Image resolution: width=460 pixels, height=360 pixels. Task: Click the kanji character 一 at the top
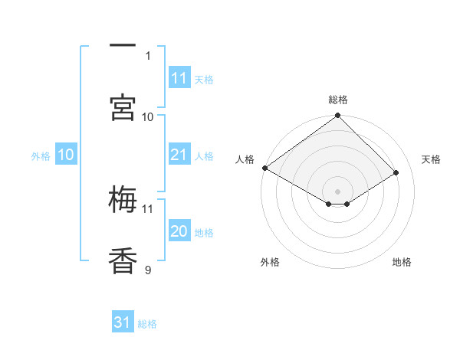[123, 45]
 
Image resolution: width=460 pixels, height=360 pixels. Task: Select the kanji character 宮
[123, 107]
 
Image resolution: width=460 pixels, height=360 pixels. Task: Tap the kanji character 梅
[123, 200]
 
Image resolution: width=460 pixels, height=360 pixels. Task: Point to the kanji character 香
[123, 260]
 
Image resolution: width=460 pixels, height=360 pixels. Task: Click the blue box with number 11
[179, 77]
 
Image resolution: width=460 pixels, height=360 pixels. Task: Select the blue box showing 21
[179, 155]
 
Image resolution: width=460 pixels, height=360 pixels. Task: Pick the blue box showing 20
[179, 231]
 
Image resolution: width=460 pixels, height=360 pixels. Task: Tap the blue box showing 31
[123, 322]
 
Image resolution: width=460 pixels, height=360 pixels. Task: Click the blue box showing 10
[66, 155]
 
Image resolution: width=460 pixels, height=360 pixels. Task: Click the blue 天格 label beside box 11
[204, 79]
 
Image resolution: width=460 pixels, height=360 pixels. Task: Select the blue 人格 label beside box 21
[204, 156]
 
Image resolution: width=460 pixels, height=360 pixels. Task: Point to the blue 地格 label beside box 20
[204, 233]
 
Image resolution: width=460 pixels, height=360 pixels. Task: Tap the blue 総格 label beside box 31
[147, 324]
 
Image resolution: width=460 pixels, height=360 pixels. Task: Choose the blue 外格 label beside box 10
[41, 156]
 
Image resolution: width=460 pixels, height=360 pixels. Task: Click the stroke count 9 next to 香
[148, 269]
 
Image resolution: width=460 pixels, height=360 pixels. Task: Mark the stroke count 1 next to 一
[148, 55]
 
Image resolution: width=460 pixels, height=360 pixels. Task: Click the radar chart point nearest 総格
[337, 116]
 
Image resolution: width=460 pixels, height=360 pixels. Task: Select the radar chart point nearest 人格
[264, 168]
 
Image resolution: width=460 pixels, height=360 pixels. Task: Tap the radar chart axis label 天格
[431, 159]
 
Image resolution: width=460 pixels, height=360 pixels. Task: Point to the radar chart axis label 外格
[270, 262]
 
